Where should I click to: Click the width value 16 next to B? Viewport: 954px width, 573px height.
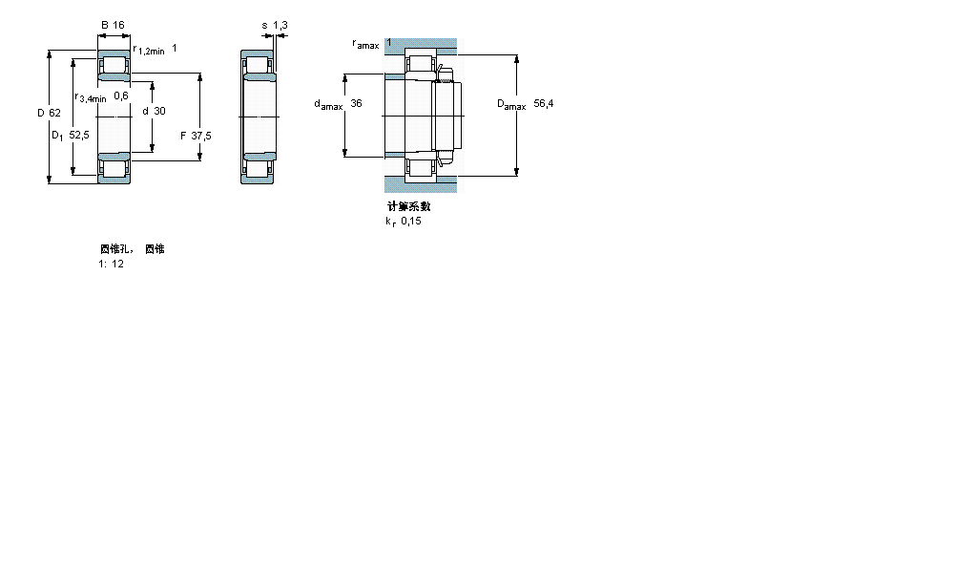point(118,25)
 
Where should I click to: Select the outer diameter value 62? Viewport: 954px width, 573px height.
point(54,113)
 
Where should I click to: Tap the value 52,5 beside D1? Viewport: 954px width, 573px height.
point(79,136)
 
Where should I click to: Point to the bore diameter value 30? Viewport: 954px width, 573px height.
point(159,111)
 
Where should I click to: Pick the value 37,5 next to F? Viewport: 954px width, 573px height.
point(201,136)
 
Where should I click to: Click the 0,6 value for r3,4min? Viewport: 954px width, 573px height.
point(121,95)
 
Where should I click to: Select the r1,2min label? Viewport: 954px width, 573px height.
point(149,50)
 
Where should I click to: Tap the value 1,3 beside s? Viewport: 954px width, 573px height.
point(280,25)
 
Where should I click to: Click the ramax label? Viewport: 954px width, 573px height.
point(365,44)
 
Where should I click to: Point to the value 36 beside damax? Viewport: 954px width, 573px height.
point(356,103)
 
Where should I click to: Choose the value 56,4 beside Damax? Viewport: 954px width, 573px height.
point(544,103)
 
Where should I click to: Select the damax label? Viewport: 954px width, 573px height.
point(328,105)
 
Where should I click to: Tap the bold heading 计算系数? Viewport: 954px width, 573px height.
point(408,206)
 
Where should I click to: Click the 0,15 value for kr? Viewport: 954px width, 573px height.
point(410,221)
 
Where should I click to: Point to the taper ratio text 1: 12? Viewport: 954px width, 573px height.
point(111,264)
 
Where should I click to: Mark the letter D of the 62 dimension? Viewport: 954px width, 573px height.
point(41,113)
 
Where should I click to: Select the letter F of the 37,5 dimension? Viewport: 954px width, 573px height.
point(183,136)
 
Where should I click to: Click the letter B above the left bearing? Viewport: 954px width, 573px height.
point(104,25)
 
